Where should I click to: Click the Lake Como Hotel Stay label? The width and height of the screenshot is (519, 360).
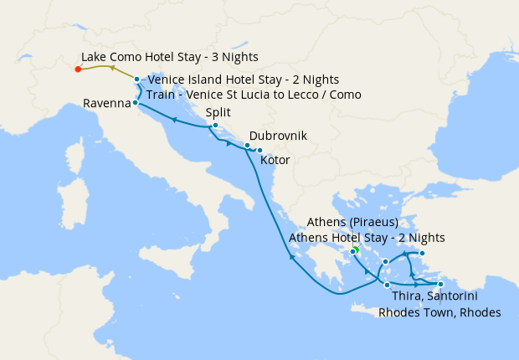169,57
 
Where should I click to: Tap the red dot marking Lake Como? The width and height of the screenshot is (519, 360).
77,69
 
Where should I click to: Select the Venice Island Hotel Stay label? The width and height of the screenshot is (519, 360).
243,80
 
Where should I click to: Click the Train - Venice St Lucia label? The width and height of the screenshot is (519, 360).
254,95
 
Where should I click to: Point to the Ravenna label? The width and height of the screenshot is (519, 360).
106,104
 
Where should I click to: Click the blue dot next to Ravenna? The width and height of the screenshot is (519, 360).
136,102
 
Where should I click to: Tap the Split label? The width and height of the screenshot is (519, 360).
218,114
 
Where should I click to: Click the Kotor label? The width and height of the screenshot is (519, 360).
275,159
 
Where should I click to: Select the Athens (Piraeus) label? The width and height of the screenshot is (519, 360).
352,223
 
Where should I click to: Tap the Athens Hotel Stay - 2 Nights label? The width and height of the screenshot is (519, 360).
366,238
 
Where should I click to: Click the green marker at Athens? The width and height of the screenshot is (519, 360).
355,249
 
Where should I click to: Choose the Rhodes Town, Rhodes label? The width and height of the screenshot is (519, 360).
439,313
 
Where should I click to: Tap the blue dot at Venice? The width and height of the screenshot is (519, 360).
137,80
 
